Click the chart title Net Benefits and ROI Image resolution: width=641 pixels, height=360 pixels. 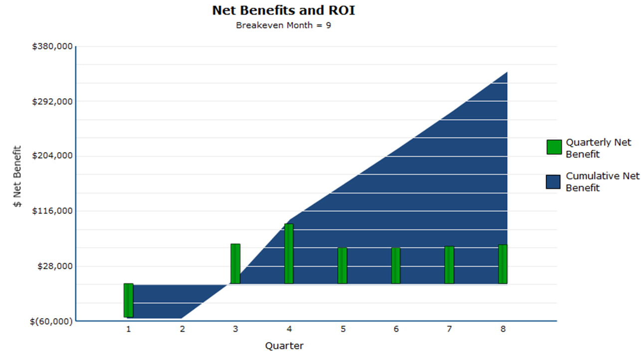tap(283, 10)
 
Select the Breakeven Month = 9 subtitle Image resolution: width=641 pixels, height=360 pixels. tap(283, 25)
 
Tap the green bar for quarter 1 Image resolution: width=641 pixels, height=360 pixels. tap(129, 300)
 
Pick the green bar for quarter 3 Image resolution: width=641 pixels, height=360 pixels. tap(235, 264)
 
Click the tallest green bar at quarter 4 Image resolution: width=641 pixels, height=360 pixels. tap(289, 254)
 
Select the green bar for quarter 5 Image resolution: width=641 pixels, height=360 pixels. tap(342, 266)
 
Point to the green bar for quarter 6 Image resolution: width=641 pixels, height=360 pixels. tap(396, 266)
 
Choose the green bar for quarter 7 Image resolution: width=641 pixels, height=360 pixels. tap(449, 265)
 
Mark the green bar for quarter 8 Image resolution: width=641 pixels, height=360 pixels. tap(503, 264)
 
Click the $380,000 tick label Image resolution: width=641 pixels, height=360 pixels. tap(52, 46)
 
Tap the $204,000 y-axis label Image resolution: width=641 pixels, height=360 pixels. tap(52, 156)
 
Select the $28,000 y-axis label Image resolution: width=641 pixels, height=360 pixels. tap(55, 266)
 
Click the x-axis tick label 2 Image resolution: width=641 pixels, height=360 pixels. tap(182, 329)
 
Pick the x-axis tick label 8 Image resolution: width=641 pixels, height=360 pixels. tap(503, 329)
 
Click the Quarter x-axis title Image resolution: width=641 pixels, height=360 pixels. tap(284, 346)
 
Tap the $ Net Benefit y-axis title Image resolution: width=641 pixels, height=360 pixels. tap(17, 176)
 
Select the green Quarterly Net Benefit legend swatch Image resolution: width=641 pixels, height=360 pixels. tap(554, 147)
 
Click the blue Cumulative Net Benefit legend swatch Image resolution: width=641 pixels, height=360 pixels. tap(553, 182)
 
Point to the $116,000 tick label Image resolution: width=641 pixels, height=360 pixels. tap(52, 211)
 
